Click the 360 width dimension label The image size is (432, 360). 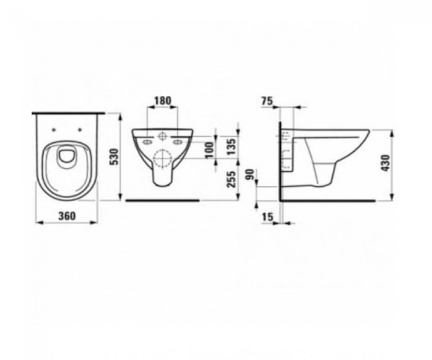pyautogui.click(x=66, y=215)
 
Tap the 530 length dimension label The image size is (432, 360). pyautogui.click(x=114, y=156)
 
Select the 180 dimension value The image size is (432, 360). pyautogui.click(x=162, y=101)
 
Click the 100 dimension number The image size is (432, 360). pyautogui.click(x=210, y=150)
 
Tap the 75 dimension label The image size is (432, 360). pyautogui.click(x=267, y=101)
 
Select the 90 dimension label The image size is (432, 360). pyautogui.click(x=250, y=174)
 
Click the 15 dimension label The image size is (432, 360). pyautogui.click(x=268, y=217)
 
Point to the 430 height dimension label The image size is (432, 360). pyautogui.click(x=385, y=163)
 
